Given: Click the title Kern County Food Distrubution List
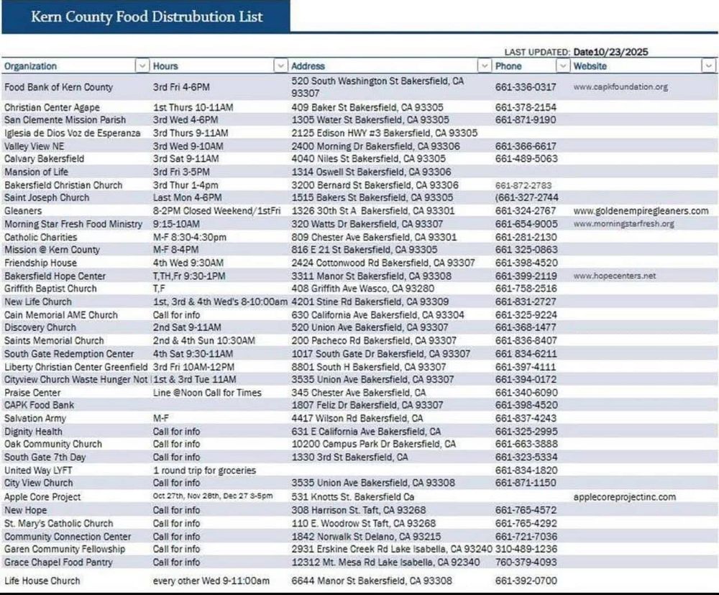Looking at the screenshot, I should [147, 17].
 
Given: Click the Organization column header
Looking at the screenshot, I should [31, 66].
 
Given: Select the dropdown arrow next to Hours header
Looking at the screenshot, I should [280, 66].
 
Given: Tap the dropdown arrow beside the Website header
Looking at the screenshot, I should [707, 66].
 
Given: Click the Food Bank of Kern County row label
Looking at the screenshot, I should [58, 87].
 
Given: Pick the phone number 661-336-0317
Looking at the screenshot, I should [526, 87].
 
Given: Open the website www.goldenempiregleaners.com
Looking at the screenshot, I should [641, 211].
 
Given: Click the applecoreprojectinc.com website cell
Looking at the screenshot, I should [625, 496].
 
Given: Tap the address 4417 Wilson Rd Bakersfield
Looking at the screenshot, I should [357, 418].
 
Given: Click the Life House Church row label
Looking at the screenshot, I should [42, 581].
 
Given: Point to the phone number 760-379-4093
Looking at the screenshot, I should [526, 562].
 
